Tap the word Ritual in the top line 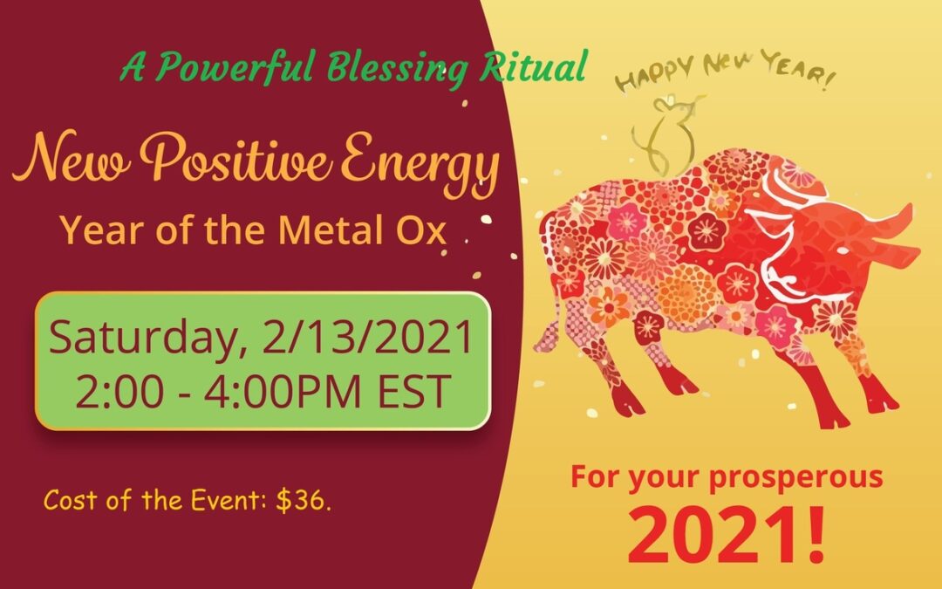532,66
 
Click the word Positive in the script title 235,157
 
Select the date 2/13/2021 368,338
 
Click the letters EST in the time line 414,391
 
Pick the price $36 303,500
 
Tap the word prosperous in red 795,478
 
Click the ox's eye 843,248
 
